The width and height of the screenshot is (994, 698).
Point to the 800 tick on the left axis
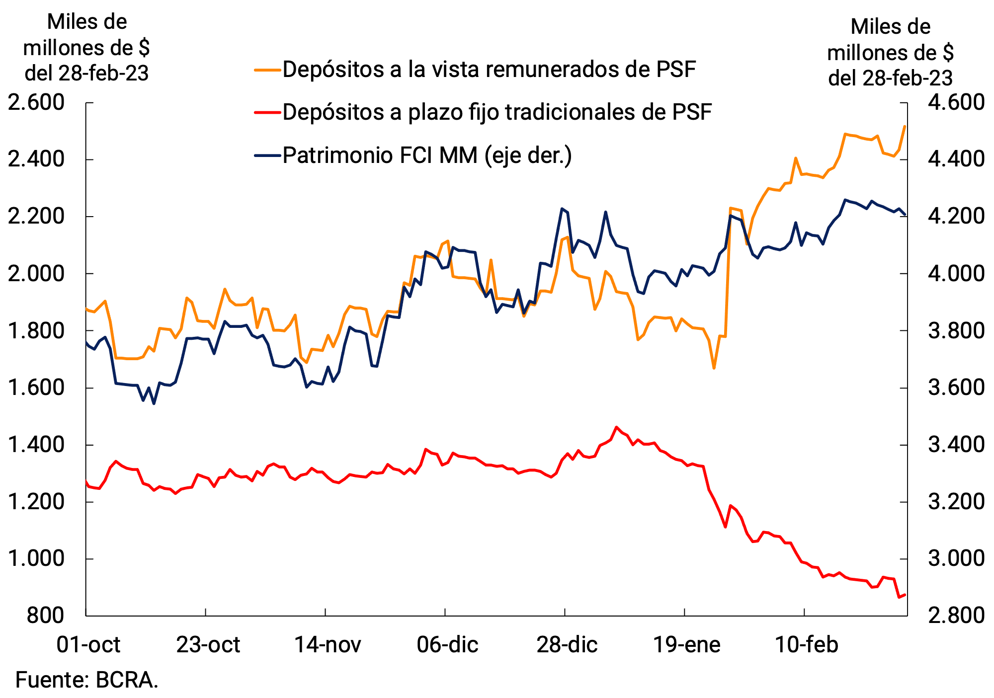[46, 616]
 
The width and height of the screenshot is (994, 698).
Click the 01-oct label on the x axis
[88, 645]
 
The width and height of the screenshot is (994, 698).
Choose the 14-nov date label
[328, 645]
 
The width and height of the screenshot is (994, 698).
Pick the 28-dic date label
[567, 645]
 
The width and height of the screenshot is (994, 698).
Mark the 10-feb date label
[807, 645]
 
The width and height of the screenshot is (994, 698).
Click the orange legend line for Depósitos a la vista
[267, 70]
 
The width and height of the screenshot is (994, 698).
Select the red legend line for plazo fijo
[267, 112]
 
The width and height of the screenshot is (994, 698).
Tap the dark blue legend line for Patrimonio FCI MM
[267, 155]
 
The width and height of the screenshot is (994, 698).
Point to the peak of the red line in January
[616, 427]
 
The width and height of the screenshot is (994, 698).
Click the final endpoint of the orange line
[905, 126]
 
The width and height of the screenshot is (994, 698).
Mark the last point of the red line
[905, 595]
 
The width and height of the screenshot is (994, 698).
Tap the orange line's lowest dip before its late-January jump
[714, 368]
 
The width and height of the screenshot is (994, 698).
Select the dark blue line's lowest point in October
[154, 403]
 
